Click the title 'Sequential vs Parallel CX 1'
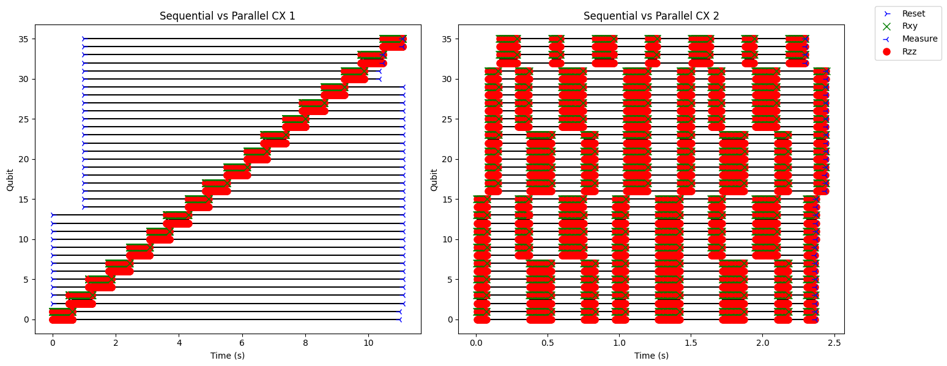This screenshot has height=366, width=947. coord(228,16)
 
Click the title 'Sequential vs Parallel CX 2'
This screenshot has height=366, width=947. coord(651,16)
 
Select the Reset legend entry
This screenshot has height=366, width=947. coord(908,13)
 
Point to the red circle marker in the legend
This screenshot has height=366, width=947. coord(886,51)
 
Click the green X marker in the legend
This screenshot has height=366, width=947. coord(886,26)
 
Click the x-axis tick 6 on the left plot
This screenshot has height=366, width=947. coord(242,343)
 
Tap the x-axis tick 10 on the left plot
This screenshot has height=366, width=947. coord(368,343)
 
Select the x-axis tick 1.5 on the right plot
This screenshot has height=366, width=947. coord(691,343)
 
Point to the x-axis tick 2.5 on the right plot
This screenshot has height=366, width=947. coord(834,343)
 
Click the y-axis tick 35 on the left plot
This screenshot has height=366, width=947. coord(24,39)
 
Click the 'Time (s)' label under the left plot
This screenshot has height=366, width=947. coord(228,356)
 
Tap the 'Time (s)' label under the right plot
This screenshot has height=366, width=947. coord(651,356)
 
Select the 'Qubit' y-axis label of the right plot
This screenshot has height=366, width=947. coord(434,180)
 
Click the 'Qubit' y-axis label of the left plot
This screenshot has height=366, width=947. coord(10,180)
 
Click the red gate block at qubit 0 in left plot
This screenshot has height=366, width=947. coord(62,319)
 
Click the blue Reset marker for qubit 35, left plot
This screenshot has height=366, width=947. coord(83,39)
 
